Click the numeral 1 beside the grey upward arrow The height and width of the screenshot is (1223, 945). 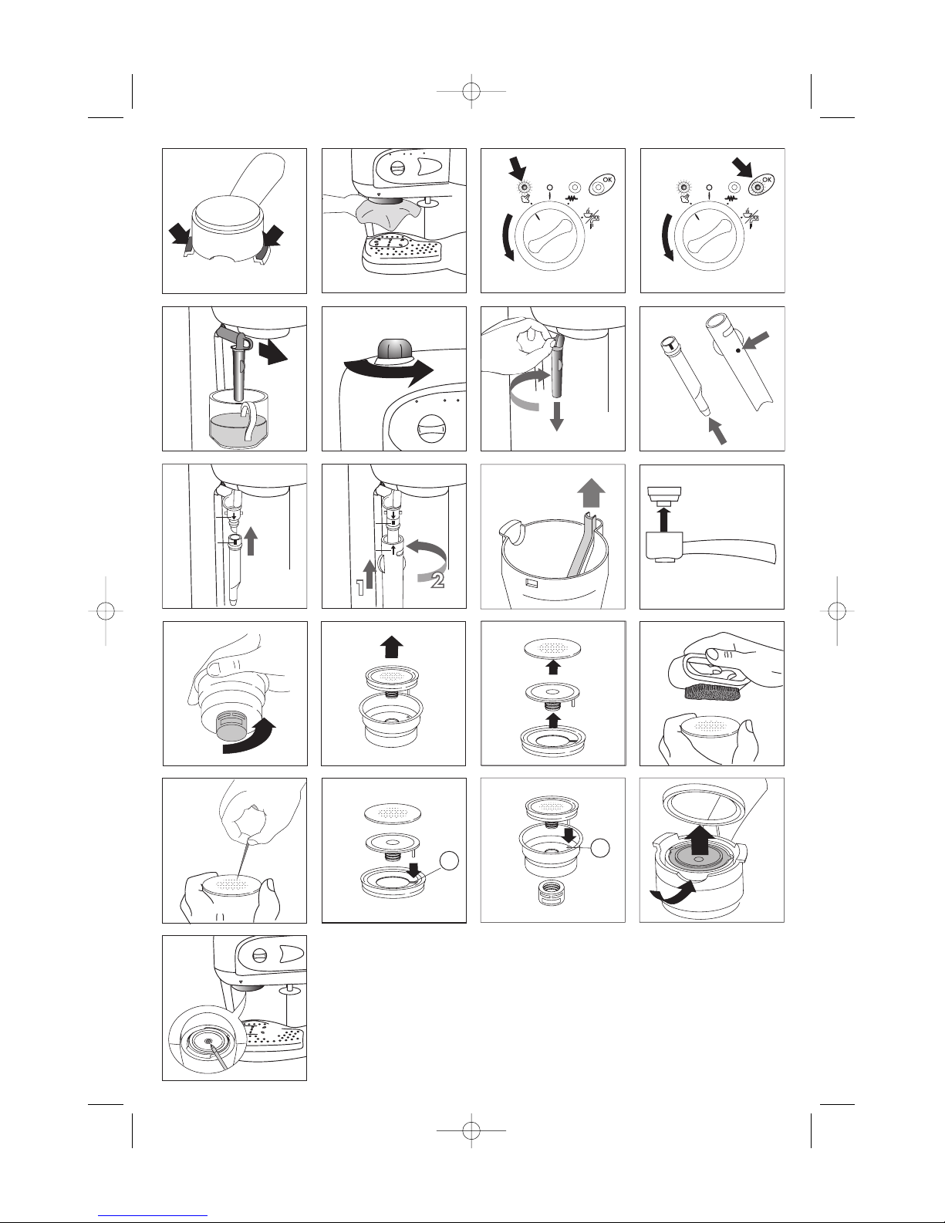(x=360, y=588)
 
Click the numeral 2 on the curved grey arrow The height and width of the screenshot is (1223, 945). (x=437, y=580)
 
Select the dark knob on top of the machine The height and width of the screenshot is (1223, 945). (x=395, y=349)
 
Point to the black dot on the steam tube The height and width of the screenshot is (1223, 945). (x=738, y=350)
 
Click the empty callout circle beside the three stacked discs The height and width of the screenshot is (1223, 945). (x=449, y=860)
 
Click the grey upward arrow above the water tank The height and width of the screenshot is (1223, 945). (x=591, y=492)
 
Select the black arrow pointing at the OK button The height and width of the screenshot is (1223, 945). (x=746, y=169)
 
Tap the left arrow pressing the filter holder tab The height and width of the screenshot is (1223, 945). (x=182, y=235)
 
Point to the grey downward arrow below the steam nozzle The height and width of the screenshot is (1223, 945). (x=556, y=417)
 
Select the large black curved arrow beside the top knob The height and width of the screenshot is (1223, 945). (x=388, y=371)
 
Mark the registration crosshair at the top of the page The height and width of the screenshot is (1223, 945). (x=471, y=91)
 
